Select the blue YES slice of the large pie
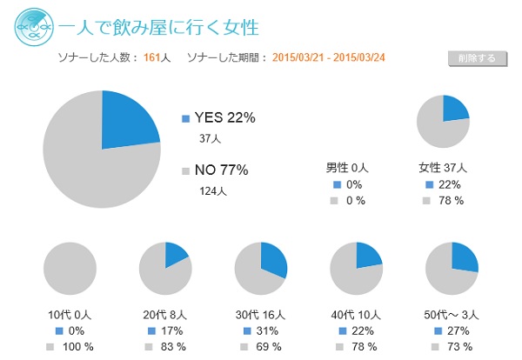coord(126,122)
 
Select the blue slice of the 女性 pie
coord(454,110)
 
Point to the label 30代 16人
coord(260,314)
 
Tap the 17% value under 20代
coord(172,331)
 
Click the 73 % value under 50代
coord(458,347)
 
